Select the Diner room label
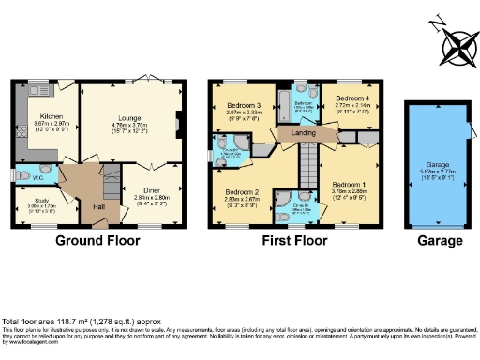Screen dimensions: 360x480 [151, 192]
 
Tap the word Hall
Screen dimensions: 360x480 [98, 206]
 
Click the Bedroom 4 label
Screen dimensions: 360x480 [352, 97]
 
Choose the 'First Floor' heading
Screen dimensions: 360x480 [297, 241]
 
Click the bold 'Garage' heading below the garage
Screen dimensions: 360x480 [441, 241]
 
